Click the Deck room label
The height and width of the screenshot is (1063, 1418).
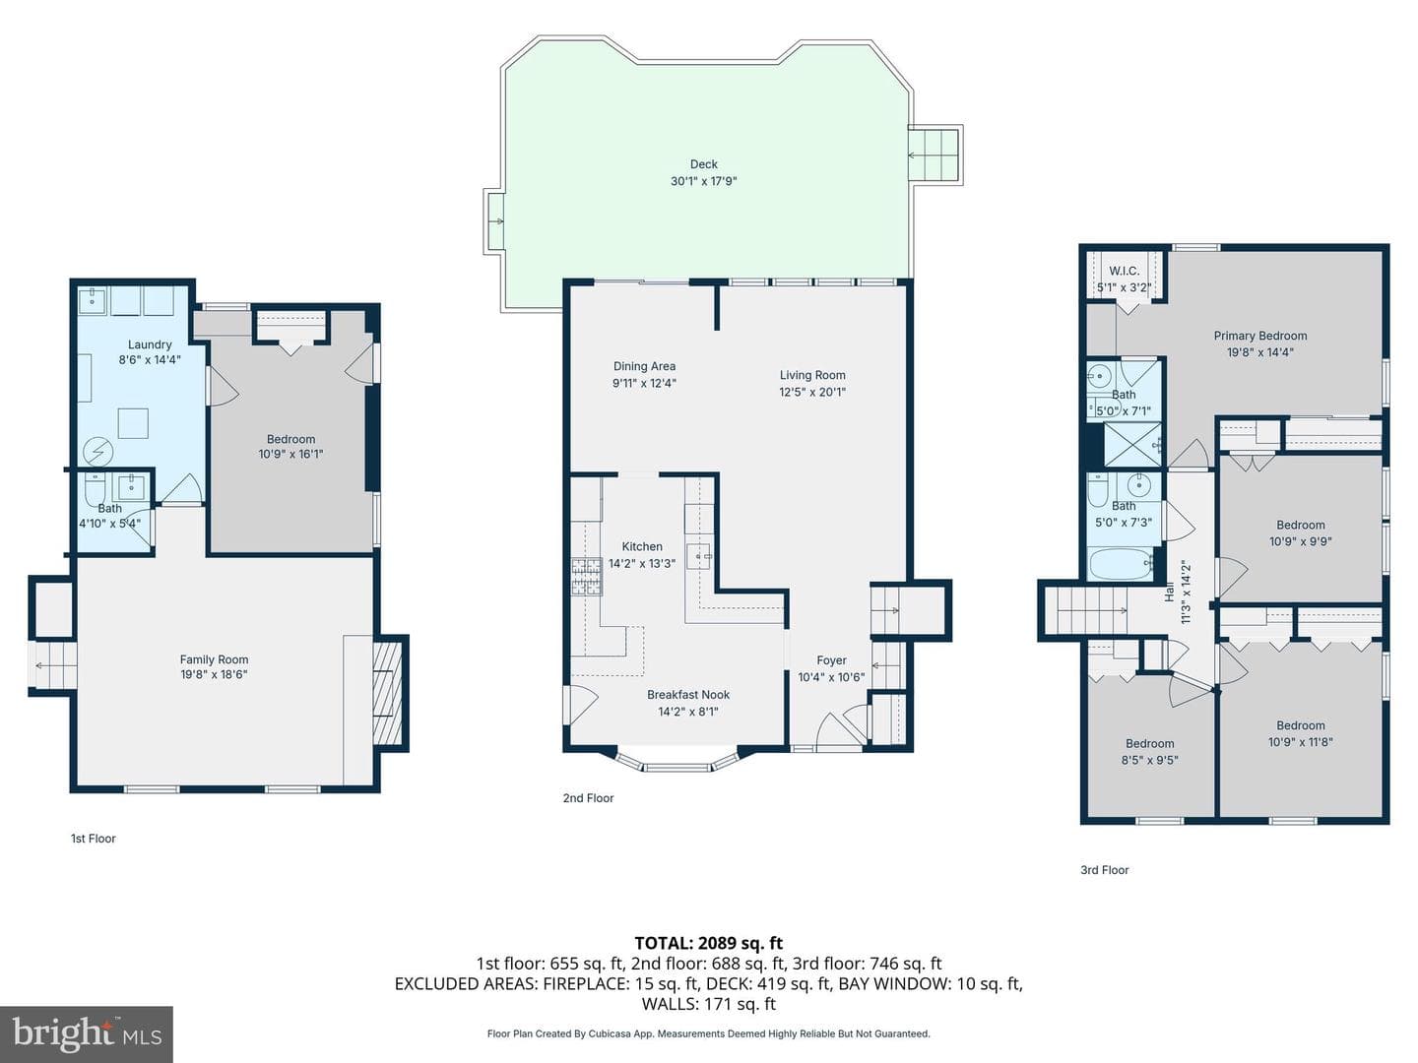pyautogui.click(x=703, y=164)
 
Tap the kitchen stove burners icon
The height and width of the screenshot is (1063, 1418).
pyautogui.click(x=587, y=577)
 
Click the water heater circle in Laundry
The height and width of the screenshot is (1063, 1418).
pyautogui.click(x=98, y=453)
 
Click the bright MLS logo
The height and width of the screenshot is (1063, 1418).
pyautogui.click(x=87, y=1033)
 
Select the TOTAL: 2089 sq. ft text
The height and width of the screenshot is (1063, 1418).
pyautogui.click(x=709, y=943)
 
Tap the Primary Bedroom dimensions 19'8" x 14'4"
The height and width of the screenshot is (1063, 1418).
pyautogui.click(x=1259, y=352)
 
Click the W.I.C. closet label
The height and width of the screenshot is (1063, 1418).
pyautogui.click(x=1125, y=271)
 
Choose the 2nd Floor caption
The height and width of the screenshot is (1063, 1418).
pyautogui.click(x=588, y=798)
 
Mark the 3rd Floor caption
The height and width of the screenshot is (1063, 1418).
pyautogui.click(x=1105, y=870)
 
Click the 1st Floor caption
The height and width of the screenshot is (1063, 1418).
pyautogui.click(x=93, y=839)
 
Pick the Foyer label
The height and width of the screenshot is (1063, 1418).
pyautogui.click(x=831, y=660)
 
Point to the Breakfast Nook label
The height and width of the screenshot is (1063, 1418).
pyautogui.click(x=688, y=695)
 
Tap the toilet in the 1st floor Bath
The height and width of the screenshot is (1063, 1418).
pyautogui.click(x=95, y=489)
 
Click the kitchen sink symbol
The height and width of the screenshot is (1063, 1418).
pyautogui.click(x=699, y=556)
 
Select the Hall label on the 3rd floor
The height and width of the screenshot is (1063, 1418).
pyautogui.click(x=1169, y=593)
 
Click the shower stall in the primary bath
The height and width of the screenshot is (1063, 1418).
pyautogui.click(x=1132, y=445)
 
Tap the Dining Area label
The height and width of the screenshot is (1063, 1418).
pyautogui.click(x=644, y=366)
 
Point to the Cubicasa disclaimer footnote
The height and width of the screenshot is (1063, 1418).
pyautogui.click(x=709, y=1033)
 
